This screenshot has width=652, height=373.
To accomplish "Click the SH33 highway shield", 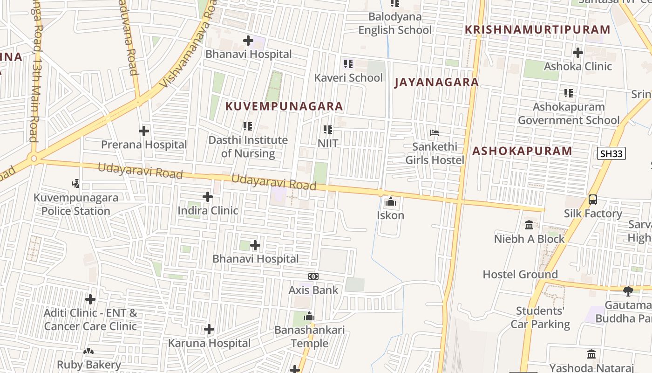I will tap(611, 153).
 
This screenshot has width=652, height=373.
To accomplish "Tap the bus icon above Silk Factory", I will tap(592, 200).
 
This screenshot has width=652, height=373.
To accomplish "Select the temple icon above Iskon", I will tap(390, 202).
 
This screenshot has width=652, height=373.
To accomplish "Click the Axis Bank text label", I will tap(313, 290).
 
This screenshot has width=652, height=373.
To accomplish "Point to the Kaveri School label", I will tap(348, 77).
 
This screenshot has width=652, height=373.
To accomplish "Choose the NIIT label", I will tap(328, 143).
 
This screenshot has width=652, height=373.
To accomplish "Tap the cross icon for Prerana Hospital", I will tap(144, 131).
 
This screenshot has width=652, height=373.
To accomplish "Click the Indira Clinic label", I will tap(208, 211).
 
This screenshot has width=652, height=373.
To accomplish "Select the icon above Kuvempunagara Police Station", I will tap(75, 184).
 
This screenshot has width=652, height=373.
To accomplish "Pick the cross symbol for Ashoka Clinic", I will tap(578, 53).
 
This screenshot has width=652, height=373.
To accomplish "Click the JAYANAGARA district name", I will tap(436, 83).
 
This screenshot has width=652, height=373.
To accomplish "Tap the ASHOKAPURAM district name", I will tap(522, 151).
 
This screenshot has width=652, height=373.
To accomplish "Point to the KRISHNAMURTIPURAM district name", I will tap(537, 30).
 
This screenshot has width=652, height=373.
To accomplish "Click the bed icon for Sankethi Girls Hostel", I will tap(435, 133).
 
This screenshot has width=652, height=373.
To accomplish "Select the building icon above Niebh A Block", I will tap(529, 225).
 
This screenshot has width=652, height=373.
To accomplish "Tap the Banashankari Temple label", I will tap(310, 337).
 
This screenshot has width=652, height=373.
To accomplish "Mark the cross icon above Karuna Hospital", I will tap(209, 330).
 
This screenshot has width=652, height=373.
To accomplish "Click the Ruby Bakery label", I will tap(89, 365).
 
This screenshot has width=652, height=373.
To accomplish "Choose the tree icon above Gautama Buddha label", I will tap(628, 291).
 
